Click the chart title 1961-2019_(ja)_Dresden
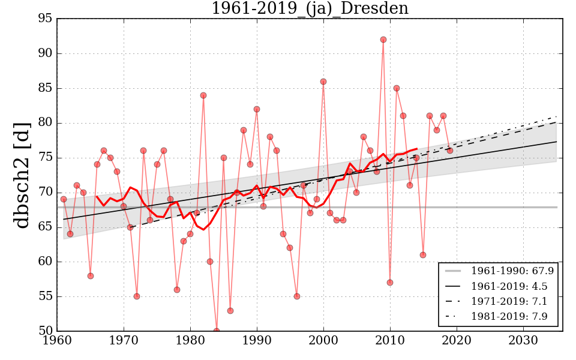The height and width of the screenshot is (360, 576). click(x=310, y=9)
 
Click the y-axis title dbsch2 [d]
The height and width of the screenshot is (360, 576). click(x=22, y=175)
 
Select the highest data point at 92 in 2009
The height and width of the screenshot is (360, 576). click(x=383, y=40)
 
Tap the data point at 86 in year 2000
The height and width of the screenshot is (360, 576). click(x=323, y=82)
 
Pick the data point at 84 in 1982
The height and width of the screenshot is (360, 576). click(x=203, y=95)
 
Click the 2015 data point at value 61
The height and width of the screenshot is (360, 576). click(x=423, y=255)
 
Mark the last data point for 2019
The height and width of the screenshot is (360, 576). click(x=450, y=151)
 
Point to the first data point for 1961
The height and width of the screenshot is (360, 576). click(x=64, y=199)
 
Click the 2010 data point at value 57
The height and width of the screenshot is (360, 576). click(x=390, y=283)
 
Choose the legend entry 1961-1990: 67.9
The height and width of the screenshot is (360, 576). click(x=512, y=271)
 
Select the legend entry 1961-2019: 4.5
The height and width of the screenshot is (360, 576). click(x=509, y=286)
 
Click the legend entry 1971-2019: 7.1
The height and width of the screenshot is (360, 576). click(x=509, y=301)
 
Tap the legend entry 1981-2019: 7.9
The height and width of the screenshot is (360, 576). click(x=509, y=316)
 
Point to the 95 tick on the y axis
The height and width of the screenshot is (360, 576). click(x=45, y=19)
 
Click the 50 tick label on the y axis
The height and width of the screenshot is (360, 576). click(x=45, y=331)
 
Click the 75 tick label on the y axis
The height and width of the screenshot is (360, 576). click(x=45, y=158)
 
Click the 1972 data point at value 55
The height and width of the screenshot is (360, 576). click(x=137, y=296)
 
